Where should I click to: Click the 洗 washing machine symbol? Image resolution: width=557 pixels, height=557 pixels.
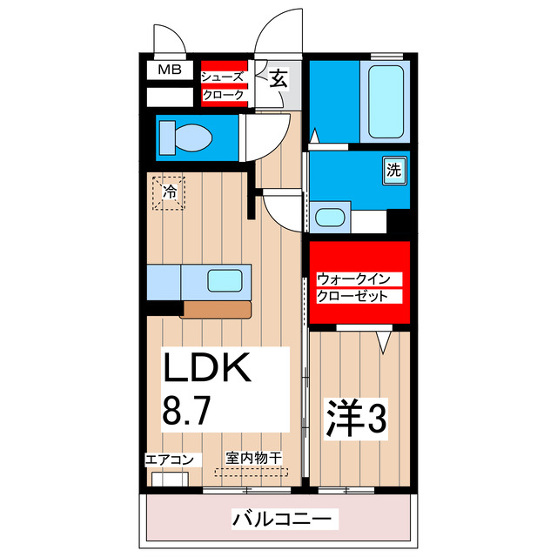pyautogui.click(x=393, y=171)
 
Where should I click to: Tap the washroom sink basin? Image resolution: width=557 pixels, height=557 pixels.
pyautogui.click(x=329, y=218)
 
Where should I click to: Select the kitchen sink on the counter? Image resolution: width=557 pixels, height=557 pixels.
pyautogui.click(x=224, y=281)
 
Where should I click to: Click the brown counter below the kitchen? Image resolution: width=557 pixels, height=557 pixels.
pyautogui.click(x=217, y=309)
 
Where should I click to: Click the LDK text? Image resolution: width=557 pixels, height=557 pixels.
pyautogui.click(x=208, y=369)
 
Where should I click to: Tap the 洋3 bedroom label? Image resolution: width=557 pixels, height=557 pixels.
pyautogui.click(x=356, y=420)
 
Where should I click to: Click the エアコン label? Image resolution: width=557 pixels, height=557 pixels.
pyautogui.click(x=173, y=459)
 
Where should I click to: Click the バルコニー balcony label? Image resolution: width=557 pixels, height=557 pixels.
pyautogui.click(x=281, y=520)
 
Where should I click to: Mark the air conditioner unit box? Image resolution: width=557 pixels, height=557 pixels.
pyautogui.click(x=170, y=479)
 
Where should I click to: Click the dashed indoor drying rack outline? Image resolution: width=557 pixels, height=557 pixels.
pyautogui.click(x=251, y=472)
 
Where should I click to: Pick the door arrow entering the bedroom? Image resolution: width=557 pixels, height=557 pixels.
pyautogui.click(x=382, y=341)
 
